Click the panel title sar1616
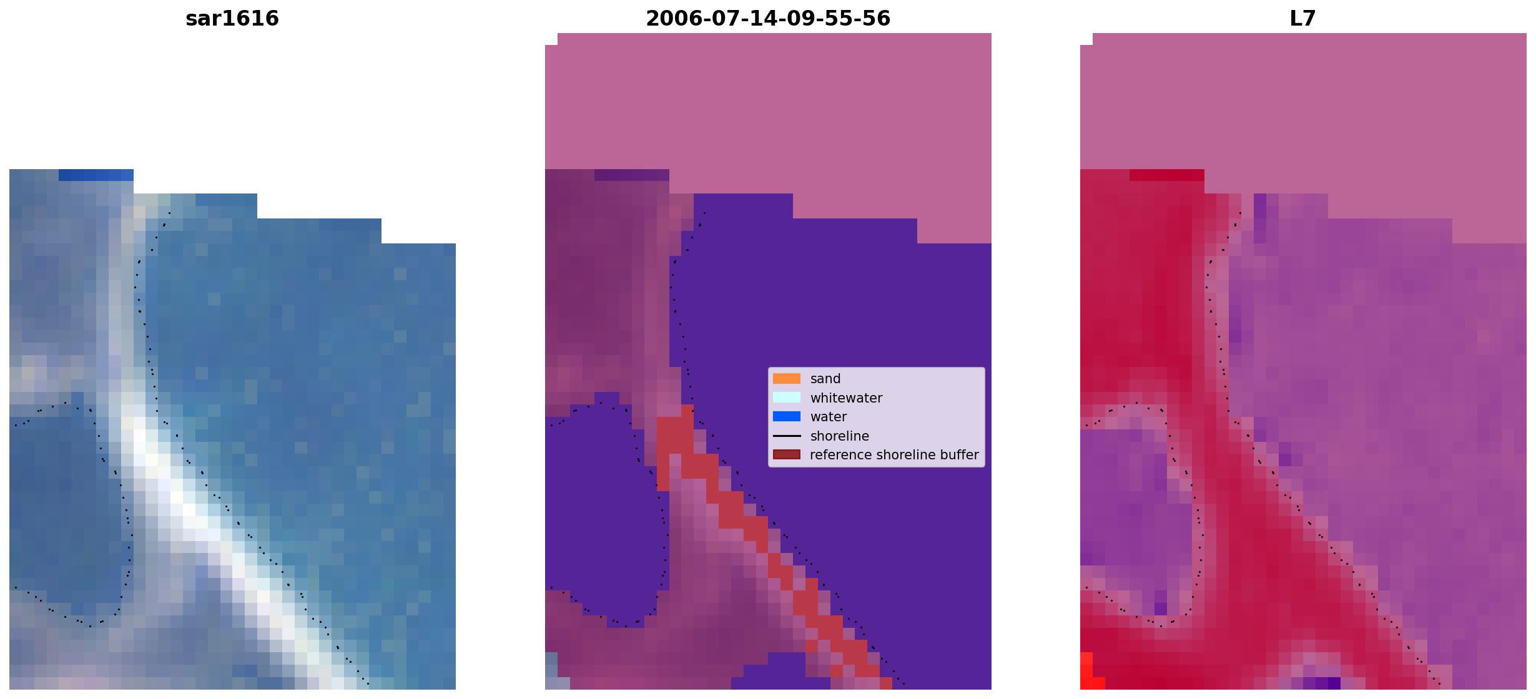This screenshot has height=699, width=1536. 232,19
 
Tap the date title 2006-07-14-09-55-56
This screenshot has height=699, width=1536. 768,19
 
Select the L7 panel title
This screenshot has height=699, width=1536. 1303,19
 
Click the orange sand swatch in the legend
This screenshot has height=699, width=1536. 787,379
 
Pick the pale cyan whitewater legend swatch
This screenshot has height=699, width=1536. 787,398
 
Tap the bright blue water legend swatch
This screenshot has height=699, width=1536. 787,417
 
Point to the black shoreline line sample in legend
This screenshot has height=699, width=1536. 787,436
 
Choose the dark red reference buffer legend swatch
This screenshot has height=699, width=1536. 787,455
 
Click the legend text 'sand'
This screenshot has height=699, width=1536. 825,379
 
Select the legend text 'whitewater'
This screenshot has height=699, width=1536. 846,398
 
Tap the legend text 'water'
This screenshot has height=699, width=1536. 829,417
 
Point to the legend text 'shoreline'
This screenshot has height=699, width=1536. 839,436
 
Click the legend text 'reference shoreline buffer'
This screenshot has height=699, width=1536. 894,455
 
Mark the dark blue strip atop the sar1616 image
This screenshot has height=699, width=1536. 96,175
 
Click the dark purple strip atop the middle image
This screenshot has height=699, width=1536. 631,175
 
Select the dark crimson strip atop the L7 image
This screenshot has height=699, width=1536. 1166,175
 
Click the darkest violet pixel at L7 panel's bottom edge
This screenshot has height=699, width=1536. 1334,683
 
